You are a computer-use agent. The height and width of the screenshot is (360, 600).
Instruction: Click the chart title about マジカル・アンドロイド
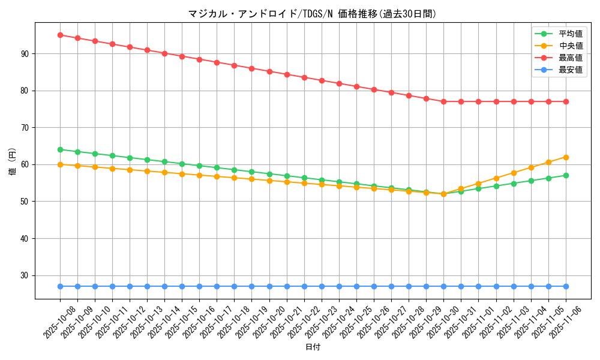tap(312, 14)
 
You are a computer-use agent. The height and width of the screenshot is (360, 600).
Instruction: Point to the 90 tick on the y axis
tap(25, 54)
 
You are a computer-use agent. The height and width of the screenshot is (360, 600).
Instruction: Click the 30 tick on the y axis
tap(25, 275)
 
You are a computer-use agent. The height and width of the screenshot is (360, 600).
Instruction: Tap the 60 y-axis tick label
tap(25, 164)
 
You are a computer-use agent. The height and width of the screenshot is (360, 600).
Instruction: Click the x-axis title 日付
tap(313, 347)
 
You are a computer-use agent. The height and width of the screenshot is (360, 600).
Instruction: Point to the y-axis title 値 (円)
tap(12, 161)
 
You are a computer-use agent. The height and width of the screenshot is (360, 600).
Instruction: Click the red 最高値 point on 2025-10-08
tap(60, 35)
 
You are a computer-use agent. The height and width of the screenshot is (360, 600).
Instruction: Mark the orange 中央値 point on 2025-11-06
tap(566, 157)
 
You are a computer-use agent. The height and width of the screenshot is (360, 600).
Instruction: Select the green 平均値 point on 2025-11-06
tap(566, 175)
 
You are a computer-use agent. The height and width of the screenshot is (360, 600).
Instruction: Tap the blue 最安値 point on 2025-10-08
tap(60, 286)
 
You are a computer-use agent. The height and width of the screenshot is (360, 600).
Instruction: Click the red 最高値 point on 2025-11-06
tap(566, 101)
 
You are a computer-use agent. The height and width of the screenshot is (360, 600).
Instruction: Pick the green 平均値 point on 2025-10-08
tap(60, 149)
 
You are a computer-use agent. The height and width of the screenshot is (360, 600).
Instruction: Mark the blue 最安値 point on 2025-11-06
tap(566, 286)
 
